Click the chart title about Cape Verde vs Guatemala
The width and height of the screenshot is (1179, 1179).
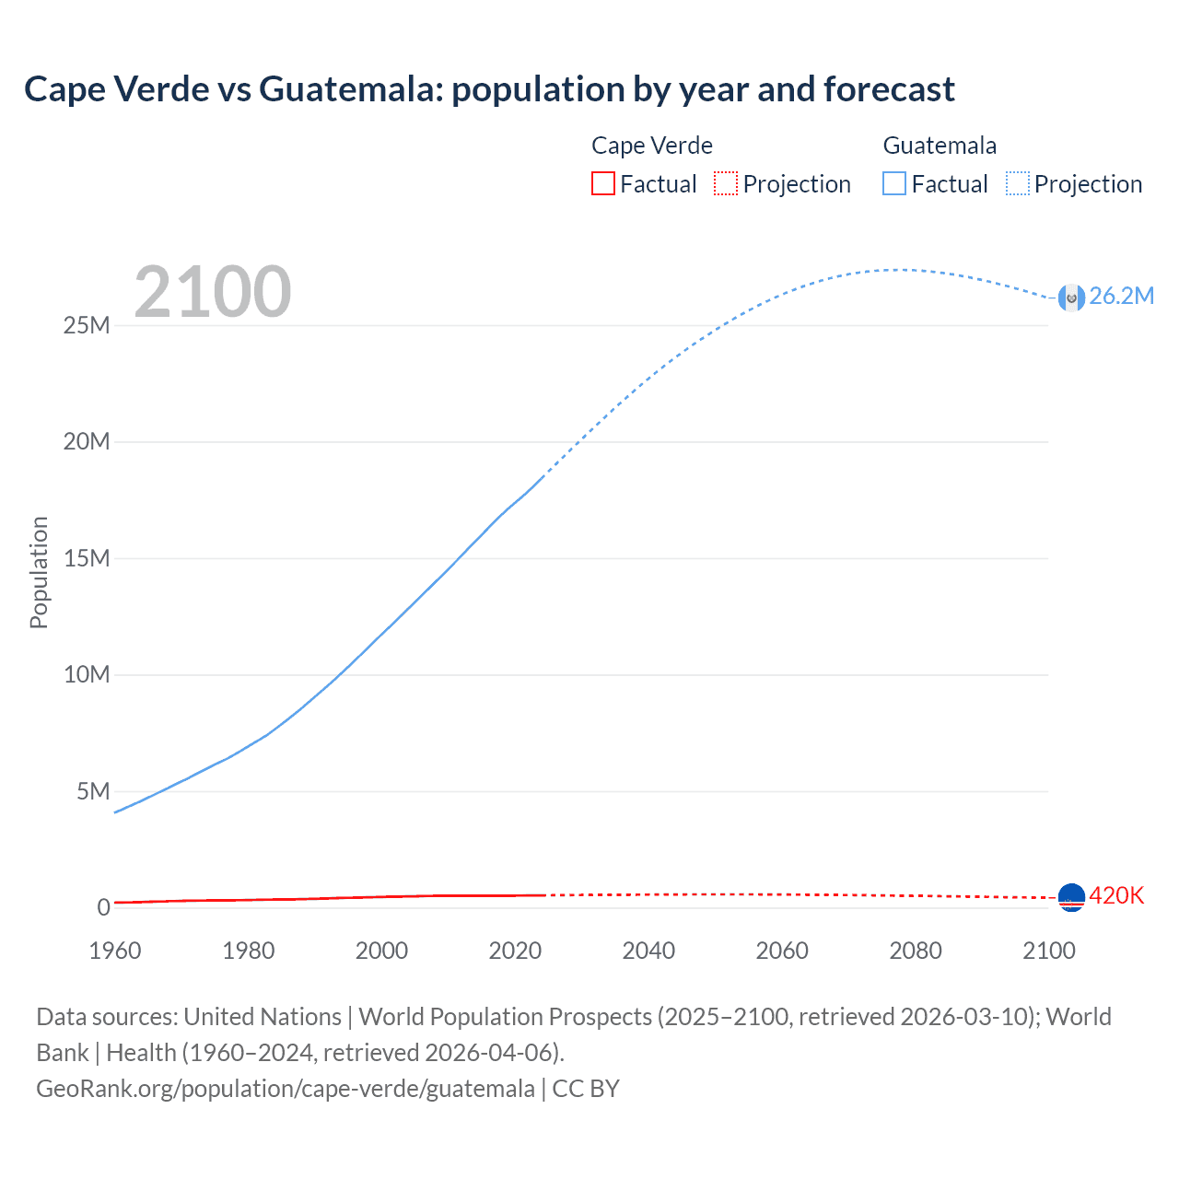(x=489, y=89)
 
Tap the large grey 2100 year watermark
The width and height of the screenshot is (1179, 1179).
(x=213, y=292)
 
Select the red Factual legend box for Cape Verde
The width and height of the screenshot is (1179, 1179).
(x=602, y=183)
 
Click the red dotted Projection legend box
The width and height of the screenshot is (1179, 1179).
(x=726, y=183)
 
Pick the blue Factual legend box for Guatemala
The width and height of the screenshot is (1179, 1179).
(x=893, y=183)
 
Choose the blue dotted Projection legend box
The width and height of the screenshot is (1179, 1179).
(x=1018, y=183)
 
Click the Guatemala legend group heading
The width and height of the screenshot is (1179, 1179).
(x=940, y=146)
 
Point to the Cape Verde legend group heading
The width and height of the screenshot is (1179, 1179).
(x=651, y=146)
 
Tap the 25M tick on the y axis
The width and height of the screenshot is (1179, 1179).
(x=87, y=325)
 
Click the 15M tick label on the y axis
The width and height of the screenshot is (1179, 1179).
(x=87, y=558)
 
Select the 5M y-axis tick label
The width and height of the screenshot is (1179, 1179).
(x=93, y=791)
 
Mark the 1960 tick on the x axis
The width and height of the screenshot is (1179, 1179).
(x=115, y=951)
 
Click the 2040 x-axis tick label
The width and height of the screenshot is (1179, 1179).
(x=648, y=951)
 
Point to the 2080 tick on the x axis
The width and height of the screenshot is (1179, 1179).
(x=916, y=951)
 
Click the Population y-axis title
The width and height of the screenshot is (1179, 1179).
(x=39, y=572)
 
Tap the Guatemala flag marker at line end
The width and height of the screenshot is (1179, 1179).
(x=1071, y=298)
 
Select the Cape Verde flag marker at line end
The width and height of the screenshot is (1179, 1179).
(x=1071, y=897)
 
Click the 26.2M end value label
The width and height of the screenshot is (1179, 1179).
(x=1121, y=296)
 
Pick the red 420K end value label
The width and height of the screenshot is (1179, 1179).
(x=1116, y=895)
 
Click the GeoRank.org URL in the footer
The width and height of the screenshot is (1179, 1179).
(x=286, y=1088)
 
